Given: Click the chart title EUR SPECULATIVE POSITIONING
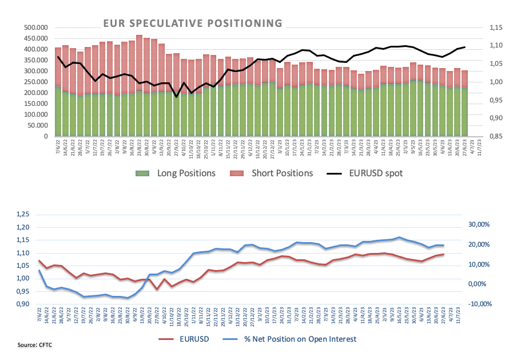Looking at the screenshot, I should pyautogui.click(x=192, y=23).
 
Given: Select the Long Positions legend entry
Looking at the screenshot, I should pyautogui.click(x=175, y=173).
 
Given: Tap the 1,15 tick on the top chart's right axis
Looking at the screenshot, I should pyautogui.click(x=495, y=27).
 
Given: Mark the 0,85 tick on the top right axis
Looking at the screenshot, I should pyautogui.click(x=495, y=137).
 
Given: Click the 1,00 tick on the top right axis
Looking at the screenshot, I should pyautogui.click(x=495, y=82).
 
